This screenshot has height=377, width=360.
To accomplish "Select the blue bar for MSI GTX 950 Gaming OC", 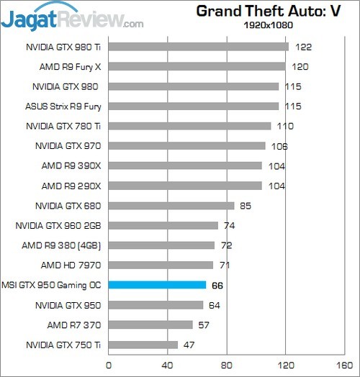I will tap(157, 285).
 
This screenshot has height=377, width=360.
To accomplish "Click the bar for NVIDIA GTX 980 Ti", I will tap(199, 47).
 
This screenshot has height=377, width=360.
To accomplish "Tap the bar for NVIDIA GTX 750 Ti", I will tap(143, 345).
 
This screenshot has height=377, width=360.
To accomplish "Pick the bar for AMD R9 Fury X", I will tap(197, 67).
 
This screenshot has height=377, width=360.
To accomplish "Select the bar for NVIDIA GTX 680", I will tap(171, 206).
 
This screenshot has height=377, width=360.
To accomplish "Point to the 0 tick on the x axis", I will tap(109, 365).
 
